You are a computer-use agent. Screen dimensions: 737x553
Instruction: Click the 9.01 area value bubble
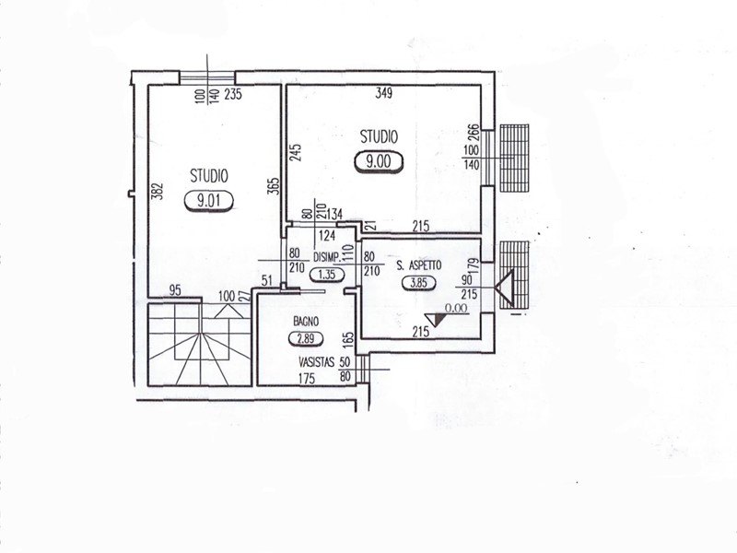(209, 201)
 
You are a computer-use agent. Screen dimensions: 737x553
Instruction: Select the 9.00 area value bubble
(379, 162)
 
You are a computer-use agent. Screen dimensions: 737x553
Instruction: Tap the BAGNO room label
(306, 322)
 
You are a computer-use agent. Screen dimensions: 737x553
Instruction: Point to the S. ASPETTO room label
(419, 265)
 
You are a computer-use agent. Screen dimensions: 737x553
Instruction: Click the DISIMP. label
(327, 257)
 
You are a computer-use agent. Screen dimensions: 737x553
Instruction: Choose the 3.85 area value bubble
(419, 283)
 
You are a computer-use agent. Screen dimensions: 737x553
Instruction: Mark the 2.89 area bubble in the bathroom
(306, 338)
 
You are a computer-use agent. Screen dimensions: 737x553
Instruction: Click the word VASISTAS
(316, 362)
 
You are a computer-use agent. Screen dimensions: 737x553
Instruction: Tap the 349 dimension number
(383, 93)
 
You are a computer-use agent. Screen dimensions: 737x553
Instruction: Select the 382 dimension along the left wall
(158, 191)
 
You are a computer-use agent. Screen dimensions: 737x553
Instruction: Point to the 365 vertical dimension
(275, 185)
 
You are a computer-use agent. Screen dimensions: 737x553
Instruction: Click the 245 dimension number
(295, 152)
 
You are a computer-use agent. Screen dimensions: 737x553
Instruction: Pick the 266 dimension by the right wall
(474, 133)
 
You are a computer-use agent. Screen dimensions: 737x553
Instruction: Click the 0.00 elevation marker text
(456, 309)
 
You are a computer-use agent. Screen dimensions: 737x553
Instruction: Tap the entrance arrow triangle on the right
(504, 288)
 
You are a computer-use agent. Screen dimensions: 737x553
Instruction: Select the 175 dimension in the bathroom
(307, 378)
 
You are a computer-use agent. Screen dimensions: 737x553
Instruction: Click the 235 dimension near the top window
(233, 94)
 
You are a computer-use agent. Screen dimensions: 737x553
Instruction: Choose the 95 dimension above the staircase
(175, 290)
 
